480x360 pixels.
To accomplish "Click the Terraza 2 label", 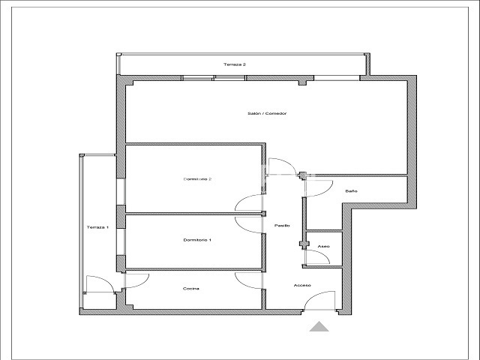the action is [235, 64].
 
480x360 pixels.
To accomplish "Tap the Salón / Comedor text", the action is [267, 113].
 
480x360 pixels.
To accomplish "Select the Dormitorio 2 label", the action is [197, 179].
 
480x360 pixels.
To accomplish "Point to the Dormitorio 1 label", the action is [197, 240].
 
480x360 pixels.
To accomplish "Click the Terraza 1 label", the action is [97, 227].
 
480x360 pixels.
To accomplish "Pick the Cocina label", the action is [191, 289].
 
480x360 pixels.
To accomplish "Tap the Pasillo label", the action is [282, 226].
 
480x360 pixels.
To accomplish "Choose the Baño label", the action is [352, 191].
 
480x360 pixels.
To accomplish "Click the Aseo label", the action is [323, 247].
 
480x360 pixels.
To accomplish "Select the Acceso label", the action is [302, 285].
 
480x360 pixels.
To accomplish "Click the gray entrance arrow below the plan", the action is [319, 327].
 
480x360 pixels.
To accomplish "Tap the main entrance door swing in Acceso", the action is [315, 295].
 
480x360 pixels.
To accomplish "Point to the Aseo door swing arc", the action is [322, 254].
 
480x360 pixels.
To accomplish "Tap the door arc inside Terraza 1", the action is [106, 280].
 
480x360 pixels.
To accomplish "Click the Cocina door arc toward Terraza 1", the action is [142, 283].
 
